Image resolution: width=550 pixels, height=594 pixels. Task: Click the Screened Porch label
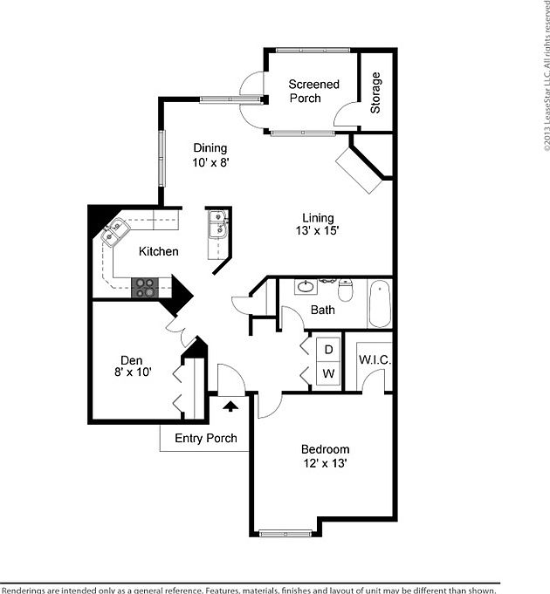313,92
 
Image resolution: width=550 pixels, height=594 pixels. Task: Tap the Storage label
376,93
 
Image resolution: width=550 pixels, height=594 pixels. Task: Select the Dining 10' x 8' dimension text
210,162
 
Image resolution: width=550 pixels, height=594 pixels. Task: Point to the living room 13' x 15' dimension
318,231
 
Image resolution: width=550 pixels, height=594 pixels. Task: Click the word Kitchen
158,252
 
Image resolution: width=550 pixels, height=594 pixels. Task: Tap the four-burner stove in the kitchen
145,287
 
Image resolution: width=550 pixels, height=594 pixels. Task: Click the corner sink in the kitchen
114,231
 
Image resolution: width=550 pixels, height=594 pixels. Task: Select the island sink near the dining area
217,225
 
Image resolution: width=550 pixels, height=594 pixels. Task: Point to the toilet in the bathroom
345,290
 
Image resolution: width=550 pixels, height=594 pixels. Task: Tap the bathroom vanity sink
306,285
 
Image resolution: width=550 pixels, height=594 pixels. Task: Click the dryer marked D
328,349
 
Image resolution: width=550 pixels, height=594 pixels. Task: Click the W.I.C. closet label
375,360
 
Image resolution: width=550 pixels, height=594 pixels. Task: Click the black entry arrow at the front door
231,405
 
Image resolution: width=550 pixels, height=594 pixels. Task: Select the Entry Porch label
206,438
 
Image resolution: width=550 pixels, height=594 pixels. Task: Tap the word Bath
322,310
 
